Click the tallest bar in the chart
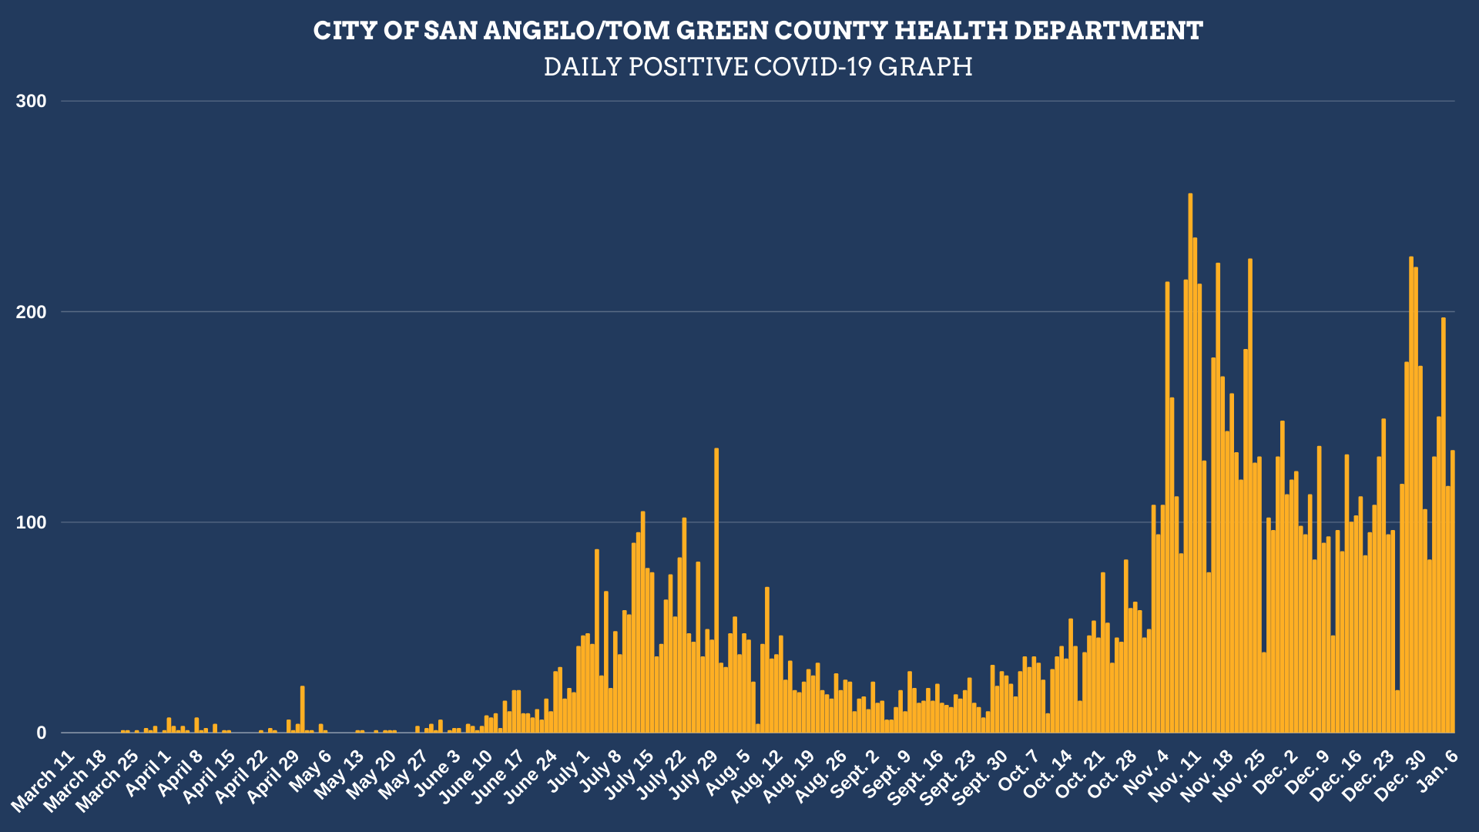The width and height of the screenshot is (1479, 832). (x=1190, y=462)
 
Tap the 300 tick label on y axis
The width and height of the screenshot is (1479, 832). (x=32, y=102)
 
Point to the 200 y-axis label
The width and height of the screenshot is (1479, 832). (x=32, y=312)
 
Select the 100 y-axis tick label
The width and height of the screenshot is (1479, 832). (x=32, y=522)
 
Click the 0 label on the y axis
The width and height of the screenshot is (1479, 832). (x=42, y=733)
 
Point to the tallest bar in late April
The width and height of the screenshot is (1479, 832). (x=303, y=710)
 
